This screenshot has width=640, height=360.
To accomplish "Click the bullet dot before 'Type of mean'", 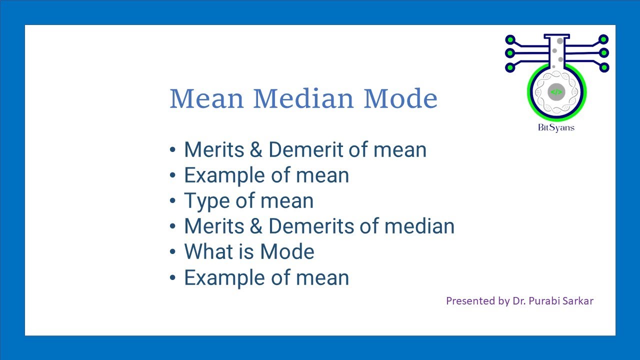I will tap(173, 201).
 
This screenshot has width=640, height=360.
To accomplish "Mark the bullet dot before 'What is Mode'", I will tap(173, 252).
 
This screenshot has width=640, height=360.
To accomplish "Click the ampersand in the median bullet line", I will tap(254, 226).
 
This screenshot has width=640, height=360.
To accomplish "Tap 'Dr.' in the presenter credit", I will tap(518, 301).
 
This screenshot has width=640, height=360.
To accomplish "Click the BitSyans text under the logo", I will tap(556, 127).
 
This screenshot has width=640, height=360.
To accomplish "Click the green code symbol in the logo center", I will tap(556, 92).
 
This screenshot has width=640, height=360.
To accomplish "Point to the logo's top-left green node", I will tap(510, 39).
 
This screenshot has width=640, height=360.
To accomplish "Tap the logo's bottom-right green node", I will tap(603, 66).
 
